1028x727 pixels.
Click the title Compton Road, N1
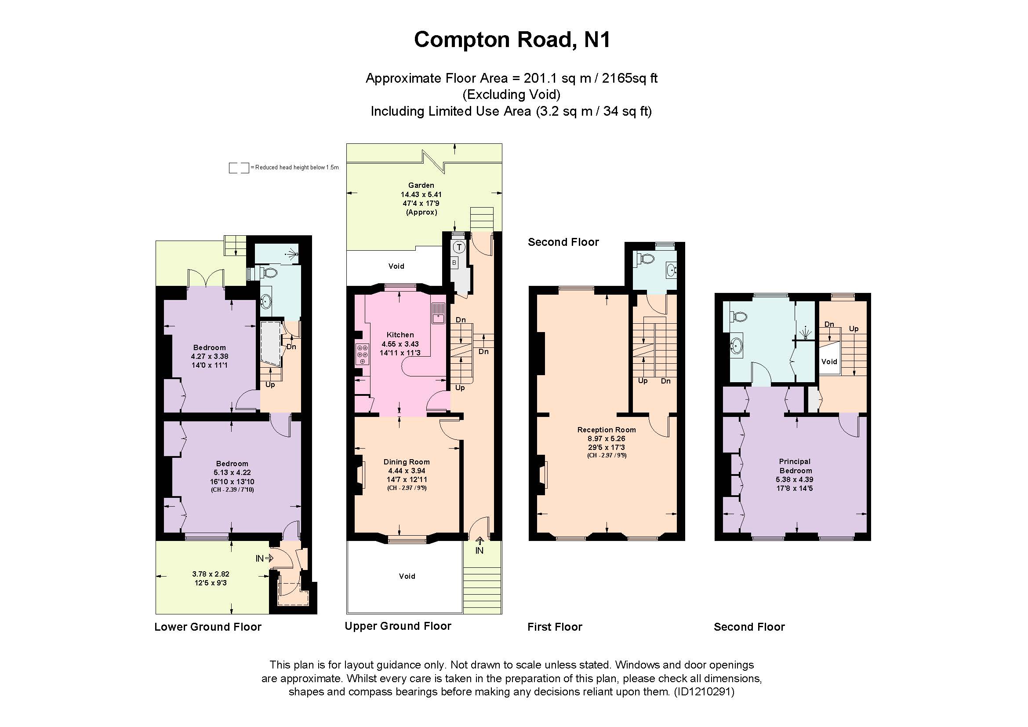point(512,40)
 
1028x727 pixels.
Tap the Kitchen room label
point(400,335)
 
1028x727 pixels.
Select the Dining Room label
point(406,462)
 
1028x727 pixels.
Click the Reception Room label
point(606,430)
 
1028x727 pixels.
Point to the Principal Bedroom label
point(795,466)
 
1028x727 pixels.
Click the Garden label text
point(421,185)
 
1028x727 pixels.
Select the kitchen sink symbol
point(438,313)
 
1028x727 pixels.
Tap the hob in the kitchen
point(362,354)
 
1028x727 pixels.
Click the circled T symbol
point(459,247)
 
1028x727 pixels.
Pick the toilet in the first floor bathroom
point(646,259)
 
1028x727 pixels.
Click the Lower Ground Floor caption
point(208,627)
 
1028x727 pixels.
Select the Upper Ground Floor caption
point(398,626)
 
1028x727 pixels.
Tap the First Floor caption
point(554,627)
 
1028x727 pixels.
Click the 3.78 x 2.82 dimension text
point(211,574)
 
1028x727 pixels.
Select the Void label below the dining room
point(407,576)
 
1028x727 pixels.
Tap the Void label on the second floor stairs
point(829,362)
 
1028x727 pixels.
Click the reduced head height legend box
point(239,168)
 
